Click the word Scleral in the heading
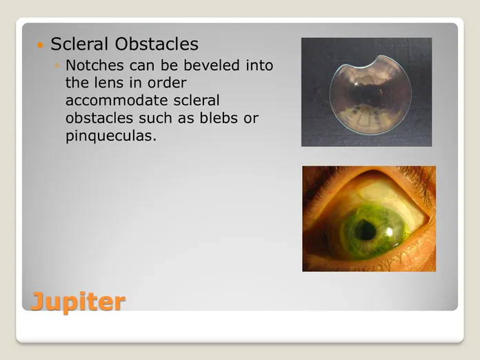click(80, 43)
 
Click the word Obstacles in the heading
click(157, 43)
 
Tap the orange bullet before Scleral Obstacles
click(40, 46)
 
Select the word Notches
click(94, 66)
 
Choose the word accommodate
click(117, 101)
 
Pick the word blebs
click(219, 118)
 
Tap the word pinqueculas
click(111, 137)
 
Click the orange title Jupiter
click(79, 302)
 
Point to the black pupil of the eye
click(366, 230)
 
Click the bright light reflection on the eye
click(390, 232)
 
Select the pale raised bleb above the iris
click(374, 190)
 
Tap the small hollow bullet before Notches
click(57, 66)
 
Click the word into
click(259, 66)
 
